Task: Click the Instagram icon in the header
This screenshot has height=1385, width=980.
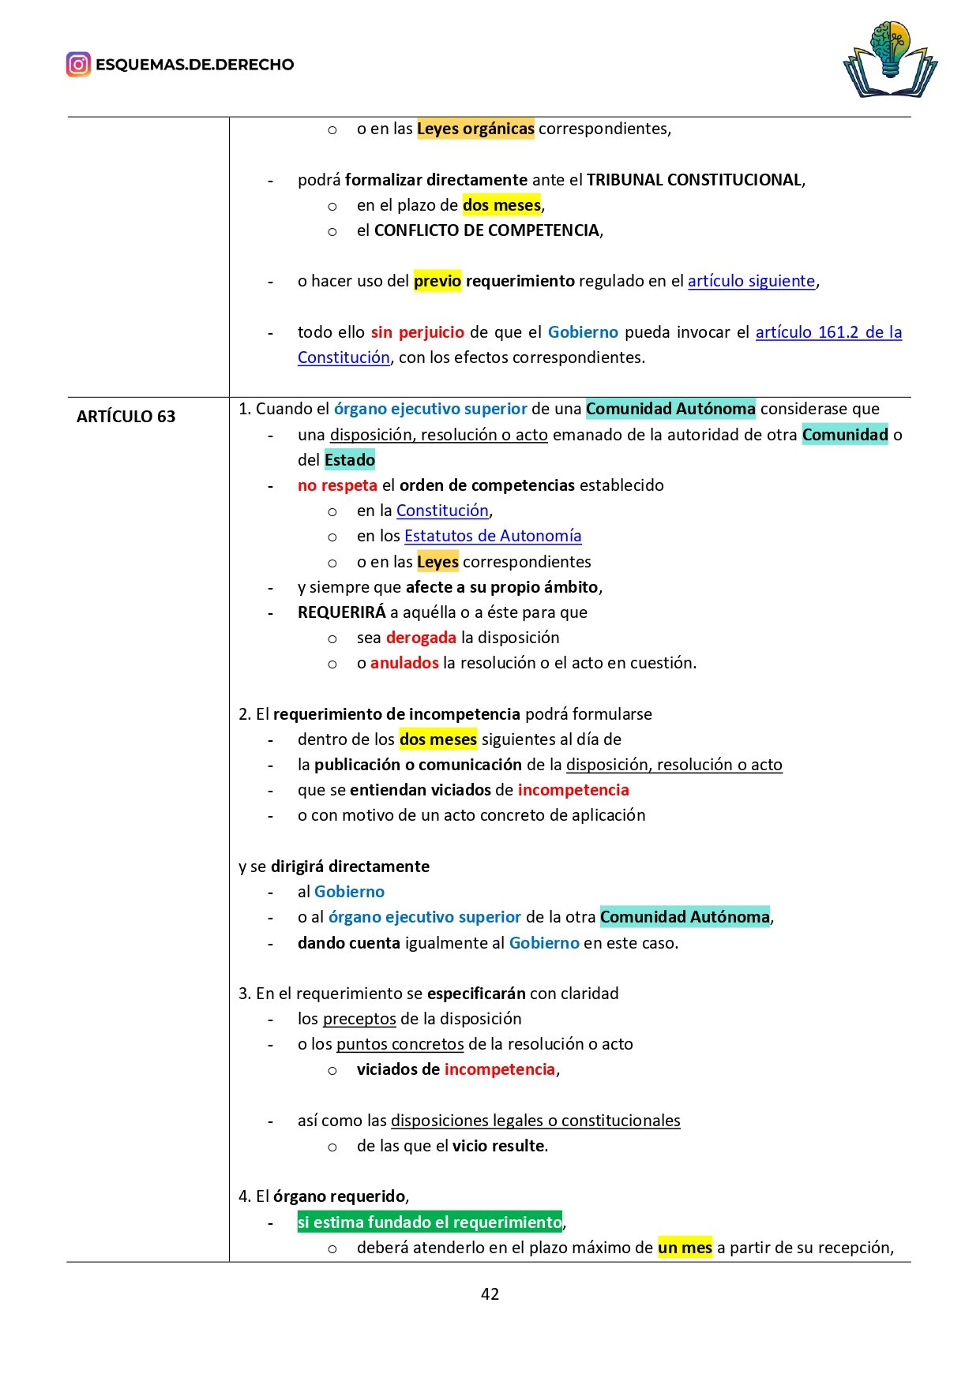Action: [x=78, y=65]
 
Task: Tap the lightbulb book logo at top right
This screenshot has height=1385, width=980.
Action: [x=890, y=60]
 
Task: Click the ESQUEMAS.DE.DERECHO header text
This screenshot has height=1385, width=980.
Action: [x=194, y=65]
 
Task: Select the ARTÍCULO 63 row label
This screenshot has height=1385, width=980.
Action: [x=126, y=417]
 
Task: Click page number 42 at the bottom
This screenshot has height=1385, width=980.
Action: [x=490, y=1293]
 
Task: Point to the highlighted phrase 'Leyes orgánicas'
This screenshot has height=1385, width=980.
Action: [x=475, y=129]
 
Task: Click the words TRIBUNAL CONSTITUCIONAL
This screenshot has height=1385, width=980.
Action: [x=694, y=180]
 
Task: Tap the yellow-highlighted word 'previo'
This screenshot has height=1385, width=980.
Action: [x=437, y=281]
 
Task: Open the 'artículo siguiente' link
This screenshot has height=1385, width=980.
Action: [x=751, y=281]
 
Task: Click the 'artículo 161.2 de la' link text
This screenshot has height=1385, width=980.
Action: [x=828, y=332]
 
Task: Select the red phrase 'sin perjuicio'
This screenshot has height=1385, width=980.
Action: [x=417, y=332]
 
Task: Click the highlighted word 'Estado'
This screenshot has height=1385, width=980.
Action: [x=349, y=460]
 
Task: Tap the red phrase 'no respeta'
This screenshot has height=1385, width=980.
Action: [x=337, y=485]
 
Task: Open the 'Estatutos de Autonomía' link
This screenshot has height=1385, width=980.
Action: [x=493, y=536]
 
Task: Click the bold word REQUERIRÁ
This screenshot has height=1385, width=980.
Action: [x=342, y=612]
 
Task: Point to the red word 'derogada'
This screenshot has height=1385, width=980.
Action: [x=421, y=638]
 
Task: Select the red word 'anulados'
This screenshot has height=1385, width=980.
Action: [x=404, y=663]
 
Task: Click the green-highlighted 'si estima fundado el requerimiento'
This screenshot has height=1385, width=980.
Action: [x=430, y=1222]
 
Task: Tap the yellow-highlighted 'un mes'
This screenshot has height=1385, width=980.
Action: [x=685, y=1248]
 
